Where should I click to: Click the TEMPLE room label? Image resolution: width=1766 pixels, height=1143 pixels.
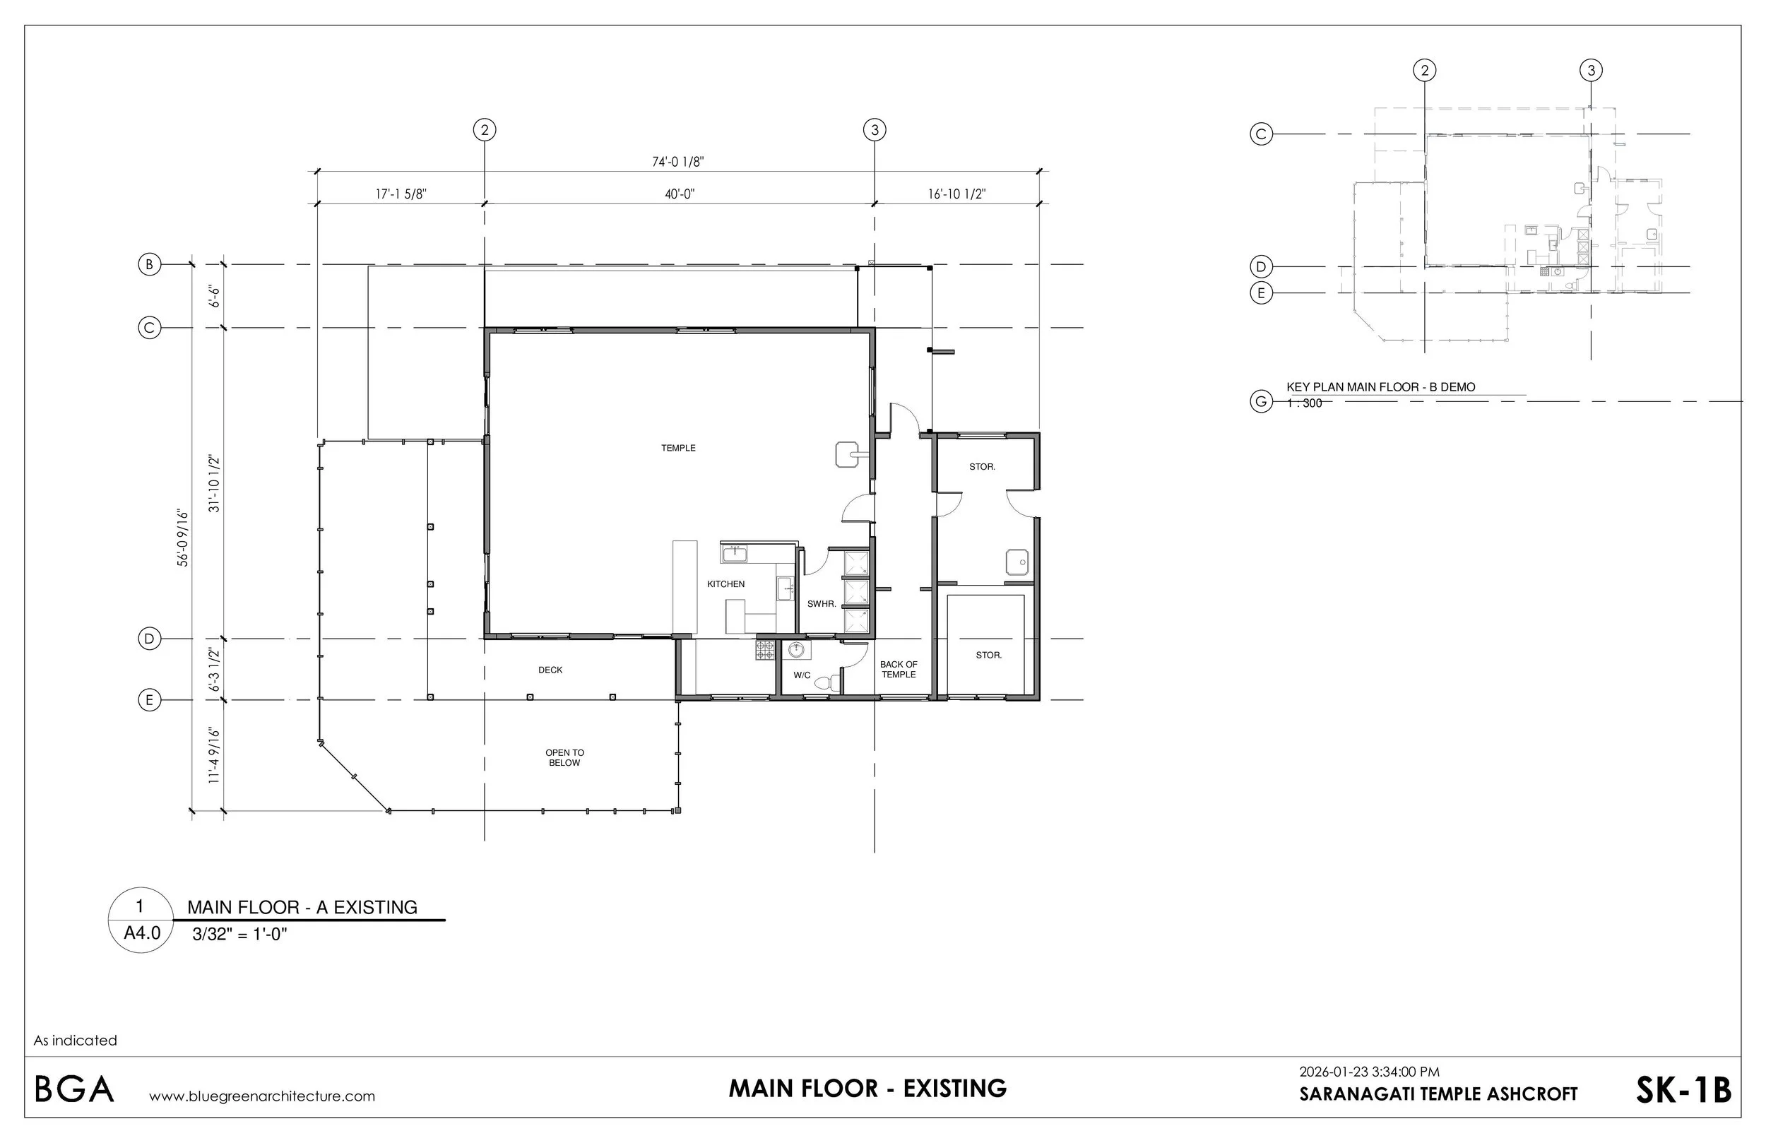(678, 449)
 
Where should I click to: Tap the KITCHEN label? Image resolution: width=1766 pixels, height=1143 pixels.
(725, 584)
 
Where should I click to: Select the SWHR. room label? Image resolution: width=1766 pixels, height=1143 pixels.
(822, 604)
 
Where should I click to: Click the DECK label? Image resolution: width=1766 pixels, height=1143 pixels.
(550, 670)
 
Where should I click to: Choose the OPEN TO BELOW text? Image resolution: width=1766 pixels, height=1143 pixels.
(564, 758)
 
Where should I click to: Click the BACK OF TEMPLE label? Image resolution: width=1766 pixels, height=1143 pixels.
(899, 670)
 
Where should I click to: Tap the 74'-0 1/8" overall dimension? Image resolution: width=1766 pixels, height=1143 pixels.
(678, 162)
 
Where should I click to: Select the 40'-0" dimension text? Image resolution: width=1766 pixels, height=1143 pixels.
(680, 194)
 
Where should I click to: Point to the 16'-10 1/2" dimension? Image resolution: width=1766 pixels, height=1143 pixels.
(956, 194)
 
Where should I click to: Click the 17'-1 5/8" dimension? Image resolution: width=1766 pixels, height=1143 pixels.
(401, 194)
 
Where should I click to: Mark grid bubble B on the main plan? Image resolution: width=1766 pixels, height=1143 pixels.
(150, 264)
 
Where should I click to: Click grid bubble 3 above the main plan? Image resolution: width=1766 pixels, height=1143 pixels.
(875, 130)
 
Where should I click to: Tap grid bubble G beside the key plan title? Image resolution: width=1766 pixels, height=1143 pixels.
(1261, 402)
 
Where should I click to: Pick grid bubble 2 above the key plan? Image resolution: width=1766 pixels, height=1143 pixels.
(1424, 71)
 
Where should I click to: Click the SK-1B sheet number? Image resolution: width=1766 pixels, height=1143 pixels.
(1683, 1090)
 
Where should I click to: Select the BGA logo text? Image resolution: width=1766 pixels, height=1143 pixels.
(74, 1089)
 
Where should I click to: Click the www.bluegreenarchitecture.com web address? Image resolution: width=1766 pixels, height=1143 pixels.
(262, 1096)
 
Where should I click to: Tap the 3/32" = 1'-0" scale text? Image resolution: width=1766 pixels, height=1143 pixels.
(239, 934)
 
